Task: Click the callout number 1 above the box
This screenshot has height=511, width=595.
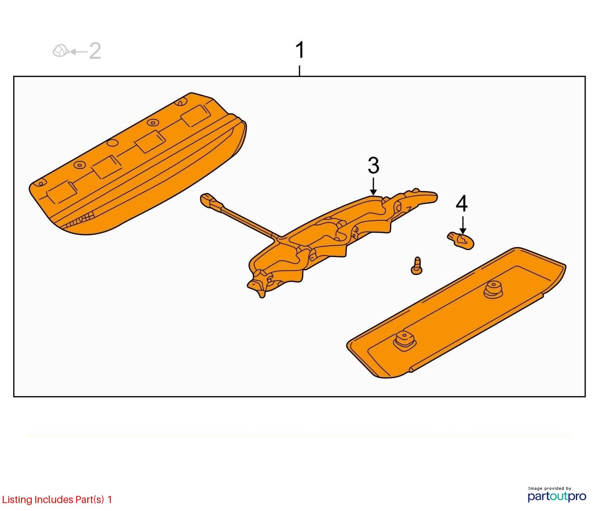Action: pos(299,50)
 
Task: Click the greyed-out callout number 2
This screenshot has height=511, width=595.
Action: pos(95,51)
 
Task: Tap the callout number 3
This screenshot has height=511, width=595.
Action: pos(373,165)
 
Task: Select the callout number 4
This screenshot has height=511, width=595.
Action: pos(462,204)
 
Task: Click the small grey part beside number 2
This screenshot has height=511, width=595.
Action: pos(60,51)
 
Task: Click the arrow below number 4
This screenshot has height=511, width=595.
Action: pos(463,225)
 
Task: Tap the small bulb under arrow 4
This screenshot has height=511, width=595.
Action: pos(460,241)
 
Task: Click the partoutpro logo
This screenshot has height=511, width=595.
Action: pos(557,496)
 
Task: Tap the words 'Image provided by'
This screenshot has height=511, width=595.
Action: pos(549,488)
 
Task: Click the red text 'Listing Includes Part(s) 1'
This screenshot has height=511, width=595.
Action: pos(57,500)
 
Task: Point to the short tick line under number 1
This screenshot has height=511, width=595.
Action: pos(299,71)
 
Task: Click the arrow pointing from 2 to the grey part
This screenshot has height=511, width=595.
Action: pos(79,52)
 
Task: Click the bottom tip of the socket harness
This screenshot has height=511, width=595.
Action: pos(262,297)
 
